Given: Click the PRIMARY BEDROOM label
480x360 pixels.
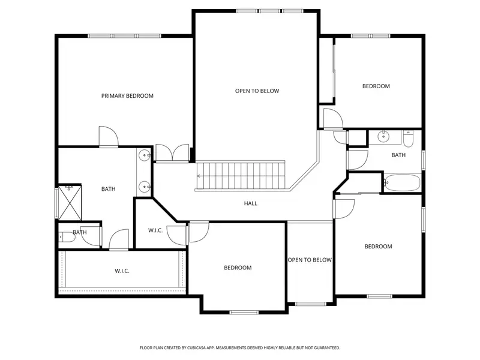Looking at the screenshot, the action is click(127, 96).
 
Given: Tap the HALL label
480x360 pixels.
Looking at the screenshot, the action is click(251, 203).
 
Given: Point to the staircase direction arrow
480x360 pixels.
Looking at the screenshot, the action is click(199, 176).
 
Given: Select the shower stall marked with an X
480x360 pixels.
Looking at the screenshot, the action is click(70, 203).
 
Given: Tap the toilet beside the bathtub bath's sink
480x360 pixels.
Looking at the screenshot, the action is click(408, 139).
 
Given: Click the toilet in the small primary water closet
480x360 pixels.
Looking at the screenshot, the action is click(67, 237).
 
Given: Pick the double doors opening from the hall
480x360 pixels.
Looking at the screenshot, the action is click(172, 152).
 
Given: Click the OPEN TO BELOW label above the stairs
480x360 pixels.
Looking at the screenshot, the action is click(257, 91).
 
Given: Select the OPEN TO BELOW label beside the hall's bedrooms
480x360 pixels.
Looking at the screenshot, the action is click(310, 260).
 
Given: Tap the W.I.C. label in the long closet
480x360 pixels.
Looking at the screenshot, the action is click(122, 271).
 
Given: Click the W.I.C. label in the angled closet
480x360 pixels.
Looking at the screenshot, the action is click(155, 230).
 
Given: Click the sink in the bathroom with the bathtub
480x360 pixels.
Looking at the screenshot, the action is click(383, 137).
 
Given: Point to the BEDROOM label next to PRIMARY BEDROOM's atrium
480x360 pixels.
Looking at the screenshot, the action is click(376, 86).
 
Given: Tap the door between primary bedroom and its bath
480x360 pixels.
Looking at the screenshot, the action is click(109, 137).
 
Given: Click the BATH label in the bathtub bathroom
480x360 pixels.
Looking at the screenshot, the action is click(398, 155).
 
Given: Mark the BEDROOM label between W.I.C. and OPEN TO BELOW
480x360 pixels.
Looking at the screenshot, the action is click(238, 268).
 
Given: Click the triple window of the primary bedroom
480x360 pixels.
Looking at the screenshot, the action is click(125, 36).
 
